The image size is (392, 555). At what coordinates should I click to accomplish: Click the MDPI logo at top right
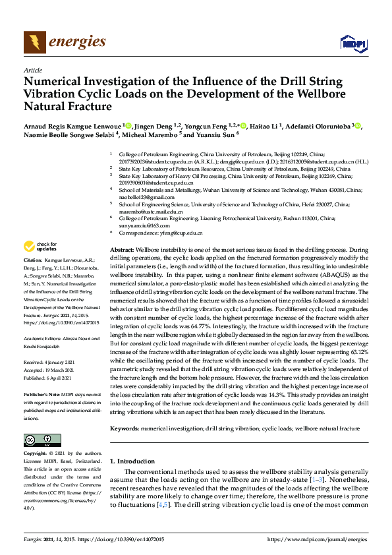coord(352,43)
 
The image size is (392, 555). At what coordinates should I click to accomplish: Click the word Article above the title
coord(32,69)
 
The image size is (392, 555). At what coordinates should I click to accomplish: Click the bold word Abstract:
coord(121,251)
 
